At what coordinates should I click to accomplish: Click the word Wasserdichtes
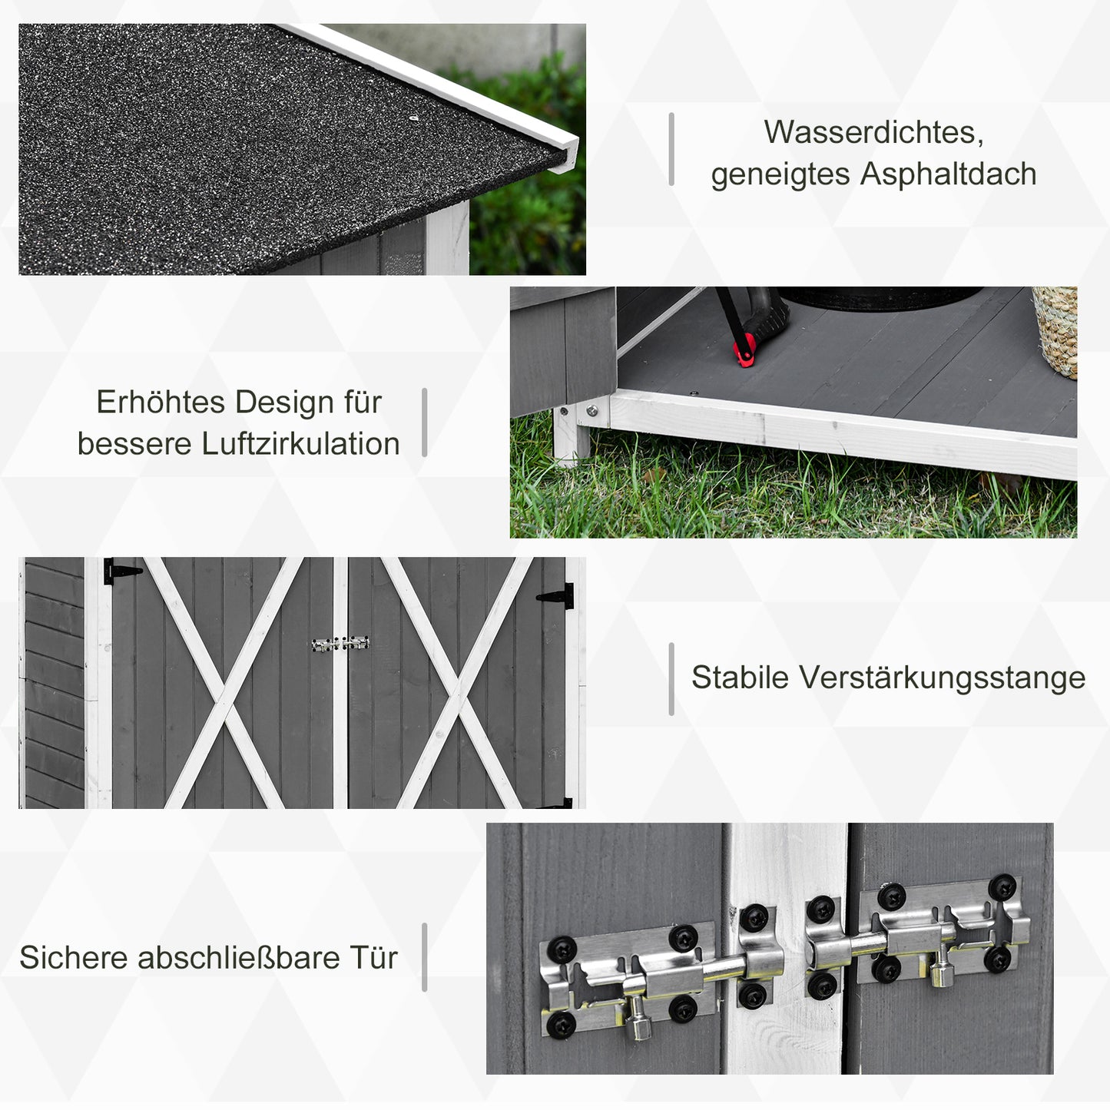tap(873, 132)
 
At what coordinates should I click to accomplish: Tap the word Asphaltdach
tap(948, 174)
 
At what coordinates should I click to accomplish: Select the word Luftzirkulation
tap(300, 444)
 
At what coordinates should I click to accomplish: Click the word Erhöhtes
tap(160, 402)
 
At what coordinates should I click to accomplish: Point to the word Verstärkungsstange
tap(942, 678)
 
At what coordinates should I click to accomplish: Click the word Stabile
tap(740, 678)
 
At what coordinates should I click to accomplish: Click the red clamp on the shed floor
tap(743, 353)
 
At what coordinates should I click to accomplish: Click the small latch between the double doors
tap(340, 644)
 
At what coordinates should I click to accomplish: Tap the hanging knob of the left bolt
tap(638, 1022)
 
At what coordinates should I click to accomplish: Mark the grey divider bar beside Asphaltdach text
tap(671, 150)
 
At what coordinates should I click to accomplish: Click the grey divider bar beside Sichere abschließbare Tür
tap(424, 957)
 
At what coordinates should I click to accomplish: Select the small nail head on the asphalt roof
tap(413, 118)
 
